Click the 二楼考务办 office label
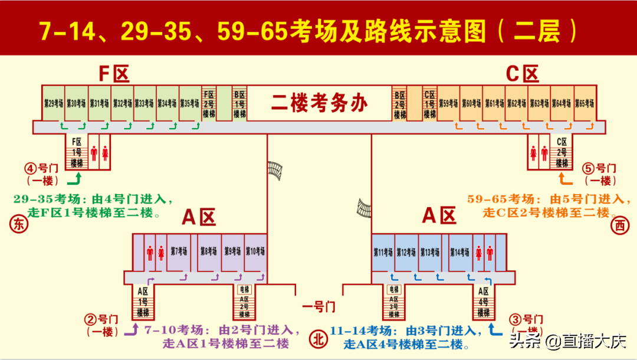click(319, 103)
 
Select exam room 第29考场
click(53, 103)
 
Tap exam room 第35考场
click(190, 103)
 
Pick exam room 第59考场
click(448, 103)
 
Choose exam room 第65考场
click(584, 103)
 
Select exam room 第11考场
click(383, 253)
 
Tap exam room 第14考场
click(459, 253)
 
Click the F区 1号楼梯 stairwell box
click(77, 152)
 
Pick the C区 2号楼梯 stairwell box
click(562, 152)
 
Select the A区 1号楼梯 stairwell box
click(143, 302)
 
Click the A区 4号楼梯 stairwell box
click(484, 302)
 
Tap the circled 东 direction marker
click(17, 224)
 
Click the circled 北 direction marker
click(318, 339)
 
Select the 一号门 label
click(318, 307)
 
